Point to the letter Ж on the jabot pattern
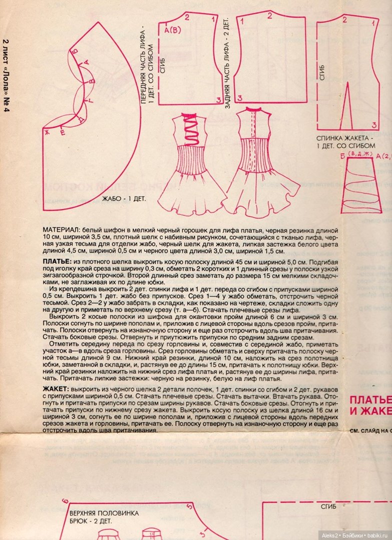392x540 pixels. coord(46,131)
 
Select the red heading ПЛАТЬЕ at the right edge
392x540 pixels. coord(370,400)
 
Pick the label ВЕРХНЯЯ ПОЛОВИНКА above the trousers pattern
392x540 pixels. coord(104,513)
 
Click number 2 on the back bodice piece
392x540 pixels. coord(269,16)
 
